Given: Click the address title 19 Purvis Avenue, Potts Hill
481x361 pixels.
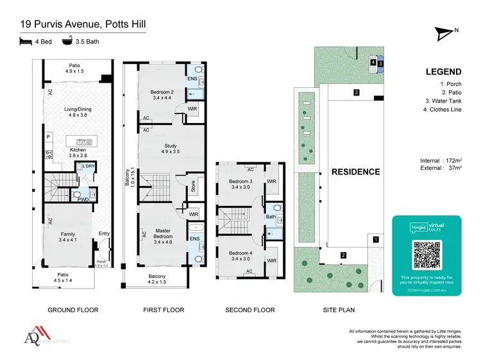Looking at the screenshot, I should pos(83,25).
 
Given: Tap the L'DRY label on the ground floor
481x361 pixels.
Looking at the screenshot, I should pos(89,167).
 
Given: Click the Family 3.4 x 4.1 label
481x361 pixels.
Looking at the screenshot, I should pos(67,237).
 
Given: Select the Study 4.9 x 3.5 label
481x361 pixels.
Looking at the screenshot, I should pos(170,149).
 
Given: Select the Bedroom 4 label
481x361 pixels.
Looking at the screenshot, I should pos(241,256).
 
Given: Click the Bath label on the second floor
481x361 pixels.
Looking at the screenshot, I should pos(270,217).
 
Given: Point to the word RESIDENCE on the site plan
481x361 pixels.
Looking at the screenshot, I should pos(355,172).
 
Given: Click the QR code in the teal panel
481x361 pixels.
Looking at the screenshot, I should pos(427,255).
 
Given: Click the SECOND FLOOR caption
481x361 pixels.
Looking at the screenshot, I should pos(249,310).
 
